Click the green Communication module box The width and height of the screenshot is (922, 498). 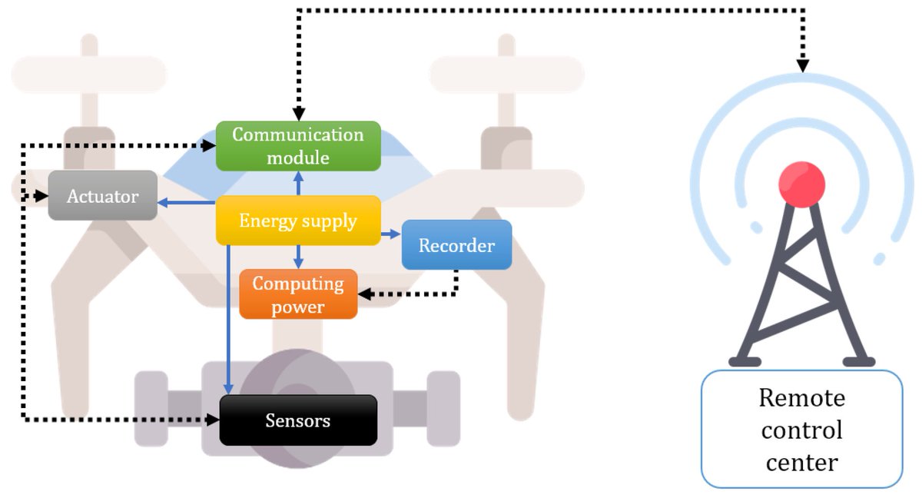click(x=298, y=146)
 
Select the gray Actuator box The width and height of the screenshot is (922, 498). click(x=103, y=196)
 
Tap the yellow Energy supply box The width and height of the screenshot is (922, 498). click(x=298, y=221)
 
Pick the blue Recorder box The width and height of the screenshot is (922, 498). click(x=456, y=245)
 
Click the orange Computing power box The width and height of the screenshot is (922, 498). click(x=298, y=294)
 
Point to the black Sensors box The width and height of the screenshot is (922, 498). click(x=298, y=420)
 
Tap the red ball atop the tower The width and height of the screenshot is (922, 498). click(x=801, y=184)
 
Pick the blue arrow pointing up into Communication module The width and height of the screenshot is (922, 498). click(x=298, y=183)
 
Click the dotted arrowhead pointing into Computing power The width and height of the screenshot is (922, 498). click(x=366, y=294)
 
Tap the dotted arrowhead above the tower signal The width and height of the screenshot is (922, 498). click(x=802, y=66)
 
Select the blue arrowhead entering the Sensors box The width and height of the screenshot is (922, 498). click(x=228, y=388)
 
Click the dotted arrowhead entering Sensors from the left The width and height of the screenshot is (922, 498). click(x=213, y=420)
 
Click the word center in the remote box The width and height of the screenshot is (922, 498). click(x=801, y=463)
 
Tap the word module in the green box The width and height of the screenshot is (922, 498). click(x=298, y=158)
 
